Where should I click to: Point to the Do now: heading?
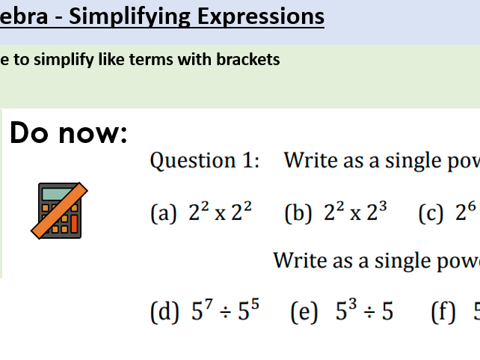pyautogui.click(x=69, y=134)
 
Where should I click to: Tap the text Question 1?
pyautogui.click(x=204, y=160)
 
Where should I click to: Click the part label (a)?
pyautogui.click(x=164, y=214)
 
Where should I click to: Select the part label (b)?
pyautogui.click(x=299, y=214)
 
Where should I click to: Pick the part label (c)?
pyautogui.click(x=431, y=214)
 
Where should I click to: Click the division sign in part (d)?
pyautogui.click(x=224, y=313)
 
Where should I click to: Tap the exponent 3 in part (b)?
pyautogui.click(x=383, y=207)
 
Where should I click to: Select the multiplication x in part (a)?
pyautogui.click(x=221, y=216)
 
